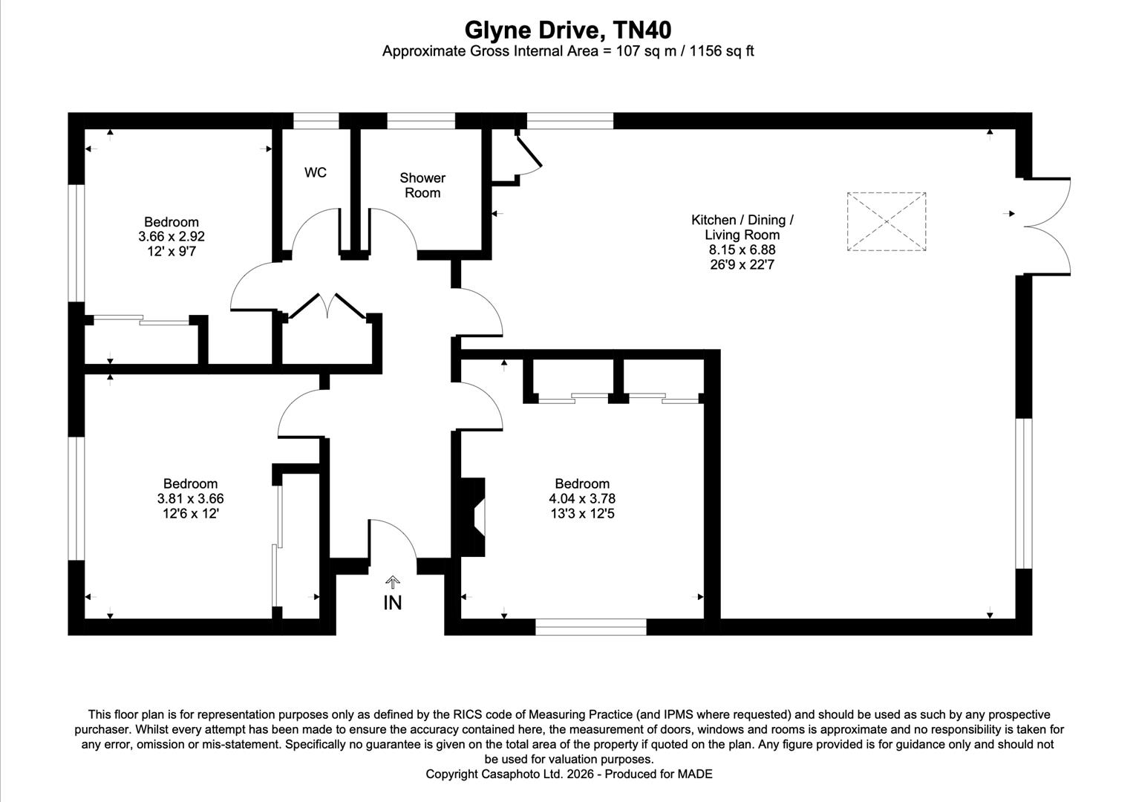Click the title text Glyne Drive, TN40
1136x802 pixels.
pyautogui.click(x=568, y=30)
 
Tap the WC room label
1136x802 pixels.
pyautogui.click(x=316, y=173)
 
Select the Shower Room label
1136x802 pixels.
pyautogui.click(x=422, y=185)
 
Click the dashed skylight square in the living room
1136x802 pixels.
pyautogui.click(x=887, y=221)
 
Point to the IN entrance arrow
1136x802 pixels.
pyautogui.click(x=392, y=583)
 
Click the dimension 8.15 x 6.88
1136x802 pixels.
pyautogui.click(x=742, y=250)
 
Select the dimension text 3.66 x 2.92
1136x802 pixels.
pyautogui.click(x=172, y=237)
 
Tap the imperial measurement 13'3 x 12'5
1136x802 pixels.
pyautogui.click(x=582, y=514)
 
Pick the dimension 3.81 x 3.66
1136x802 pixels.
pyautogui.click(x=190, y=499)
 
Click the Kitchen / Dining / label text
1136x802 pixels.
pyautogui.click(x=742, y=220)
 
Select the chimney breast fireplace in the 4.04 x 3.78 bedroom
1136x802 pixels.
pyautogui.click(x=473, y=516)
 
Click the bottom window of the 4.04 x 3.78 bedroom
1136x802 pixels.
pyautogui.click(x=591, y=627)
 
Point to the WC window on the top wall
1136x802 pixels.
pyautogui.click(x=316, y=120)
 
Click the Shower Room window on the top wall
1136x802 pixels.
pyautogui.click(x=421, y=120)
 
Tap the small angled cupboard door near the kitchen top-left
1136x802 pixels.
pyautogui.click(x=529, y=152)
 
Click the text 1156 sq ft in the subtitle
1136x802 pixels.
pyautogui.click(x=722, y=51)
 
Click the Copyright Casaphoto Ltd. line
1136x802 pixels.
pyautogui.click(x=569, y=774)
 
